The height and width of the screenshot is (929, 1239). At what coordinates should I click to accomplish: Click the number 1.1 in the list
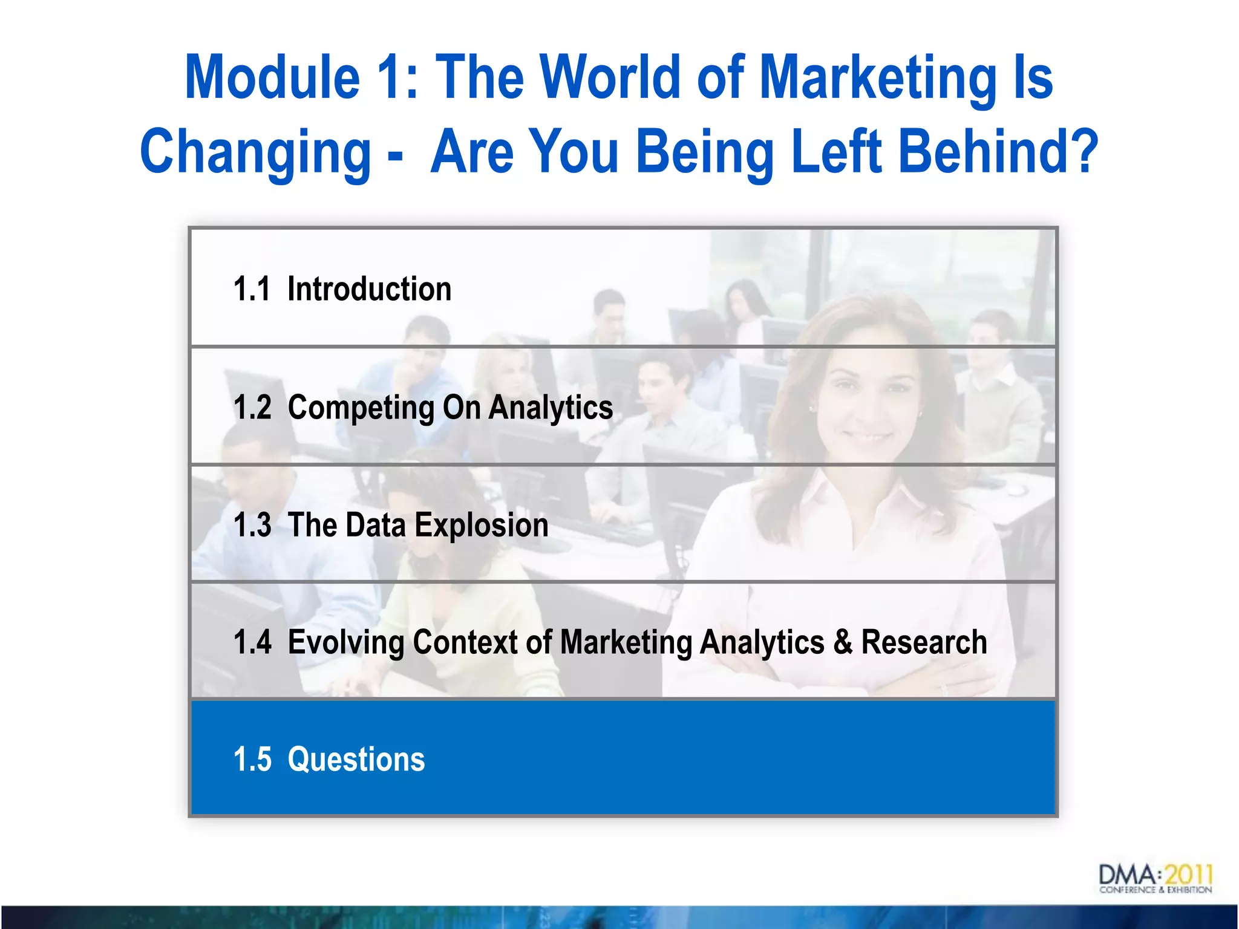pos(252,289)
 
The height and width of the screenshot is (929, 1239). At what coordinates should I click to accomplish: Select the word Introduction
pos(369,289)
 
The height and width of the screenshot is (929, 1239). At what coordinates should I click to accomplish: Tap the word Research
pos(924,642)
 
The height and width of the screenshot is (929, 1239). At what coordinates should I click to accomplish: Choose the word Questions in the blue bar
pos(356,760)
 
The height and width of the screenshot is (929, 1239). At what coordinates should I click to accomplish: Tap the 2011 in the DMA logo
pos(1188,875)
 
